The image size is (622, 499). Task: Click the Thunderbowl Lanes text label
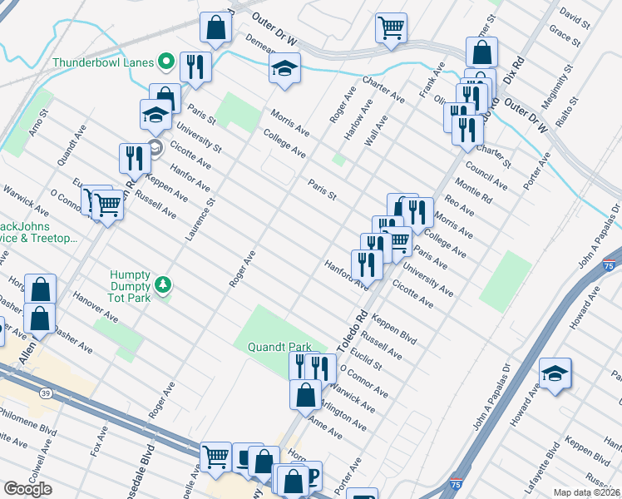tap(104, 62)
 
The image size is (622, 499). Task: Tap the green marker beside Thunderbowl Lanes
tap(166, 62)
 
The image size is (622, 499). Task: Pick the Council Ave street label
tap(486, 175)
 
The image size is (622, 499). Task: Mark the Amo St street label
tap(36, 126)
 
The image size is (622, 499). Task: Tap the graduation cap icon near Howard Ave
tap(555, 375)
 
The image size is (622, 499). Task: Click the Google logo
tap(27, 489)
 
